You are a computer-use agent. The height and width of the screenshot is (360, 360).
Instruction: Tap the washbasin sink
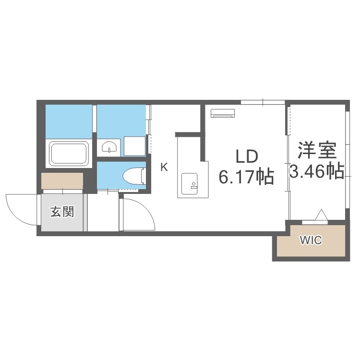(x=110, y=147)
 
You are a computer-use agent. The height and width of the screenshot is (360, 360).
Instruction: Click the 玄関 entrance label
(x=63, y=212)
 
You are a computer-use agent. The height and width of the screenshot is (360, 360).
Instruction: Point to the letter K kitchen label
(x=164, y=168)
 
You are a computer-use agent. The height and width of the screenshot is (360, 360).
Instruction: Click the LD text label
(x=246, y=157)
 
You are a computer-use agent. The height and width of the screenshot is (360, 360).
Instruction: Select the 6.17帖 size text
(x=246, y=177)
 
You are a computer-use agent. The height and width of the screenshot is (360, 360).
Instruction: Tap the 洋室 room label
(x=316, y=150)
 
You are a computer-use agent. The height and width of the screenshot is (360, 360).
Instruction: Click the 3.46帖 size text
(x=316, y=170)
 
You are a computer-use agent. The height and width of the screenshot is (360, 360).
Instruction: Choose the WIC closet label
(x=311, y=240)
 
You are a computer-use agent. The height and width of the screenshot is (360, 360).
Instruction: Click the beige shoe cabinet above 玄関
(x=62, y=181)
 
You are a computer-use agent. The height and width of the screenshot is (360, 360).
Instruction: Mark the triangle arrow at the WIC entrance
(x=320, y=215)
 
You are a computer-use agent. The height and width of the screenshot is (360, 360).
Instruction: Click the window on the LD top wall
(x=263, y=102)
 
